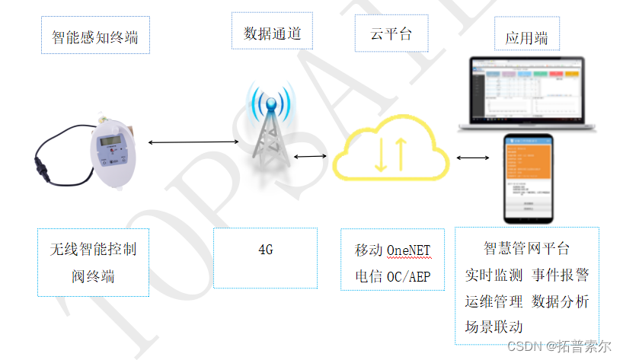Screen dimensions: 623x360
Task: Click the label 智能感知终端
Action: [94, 37]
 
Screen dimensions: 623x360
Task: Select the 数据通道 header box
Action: [272, 33]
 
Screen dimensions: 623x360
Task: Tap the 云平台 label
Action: [391, 33]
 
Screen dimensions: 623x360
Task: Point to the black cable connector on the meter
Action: [40, 162]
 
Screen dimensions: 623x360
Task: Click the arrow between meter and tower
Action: [193, 142]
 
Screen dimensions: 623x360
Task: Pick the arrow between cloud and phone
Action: [473, 158]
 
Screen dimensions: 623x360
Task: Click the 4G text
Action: [265, 250]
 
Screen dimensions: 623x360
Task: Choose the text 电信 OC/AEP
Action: [392, 276]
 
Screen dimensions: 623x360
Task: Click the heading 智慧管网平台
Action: [526, 248]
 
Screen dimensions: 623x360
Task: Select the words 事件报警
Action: [561, 275]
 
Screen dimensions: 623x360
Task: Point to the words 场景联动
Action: [494, 327]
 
